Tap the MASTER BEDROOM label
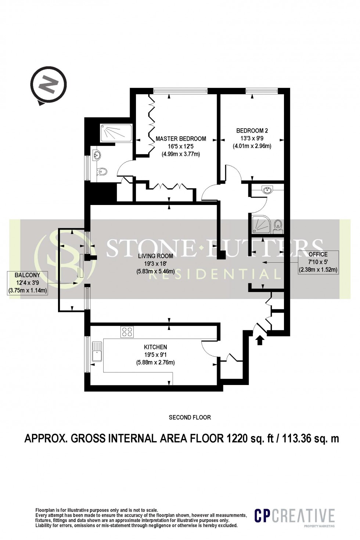pos(181,139)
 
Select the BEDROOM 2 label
pos(252,130)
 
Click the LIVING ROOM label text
pos(155,256)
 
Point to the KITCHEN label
pos(155,347)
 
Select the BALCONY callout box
pos(28,283)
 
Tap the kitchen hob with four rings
pos(127,332)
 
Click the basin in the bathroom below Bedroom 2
pos(267,190)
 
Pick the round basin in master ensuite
pos(97,155)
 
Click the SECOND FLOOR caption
pos(190,417)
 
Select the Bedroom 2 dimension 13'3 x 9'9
pos(252,138)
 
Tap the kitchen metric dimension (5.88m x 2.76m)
pos(155,363)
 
